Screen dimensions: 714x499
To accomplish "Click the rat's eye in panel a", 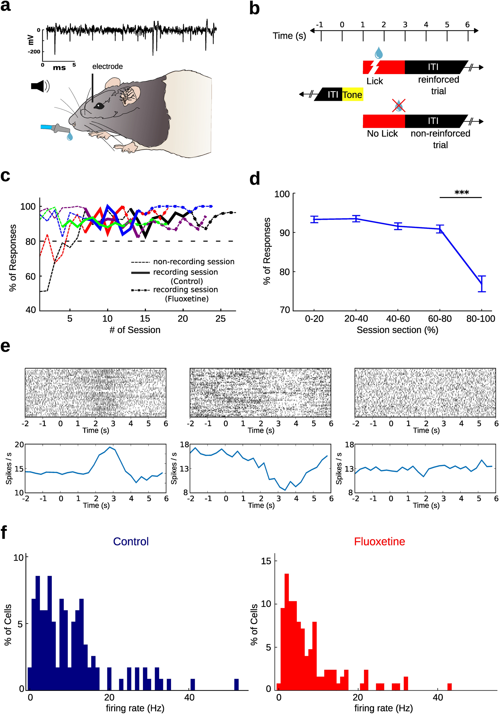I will click(x=98, y=106).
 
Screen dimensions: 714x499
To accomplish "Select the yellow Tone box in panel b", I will click(x=352, y=94).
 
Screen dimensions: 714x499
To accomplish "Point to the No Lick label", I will click(x=382, y=134).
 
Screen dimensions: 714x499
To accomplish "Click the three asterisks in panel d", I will click(x=461, y=193).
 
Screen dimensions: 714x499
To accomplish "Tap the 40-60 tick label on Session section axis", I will click(x=398, y=318).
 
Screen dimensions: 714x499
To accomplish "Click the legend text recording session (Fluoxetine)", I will click(x=186, y=294).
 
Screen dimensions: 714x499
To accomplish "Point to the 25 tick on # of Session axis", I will click(x=220, y=318).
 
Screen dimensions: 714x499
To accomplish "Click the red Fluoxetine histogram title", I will click(x=379, y=541).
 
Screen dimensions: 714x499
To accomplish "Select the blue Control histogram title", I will click(x=131, y=541).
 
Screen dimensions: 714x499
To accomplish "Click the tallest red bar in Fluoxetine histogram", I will click(x=287, y=631).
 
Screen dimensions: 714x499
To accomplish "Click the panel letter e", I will click(x=5, y=346).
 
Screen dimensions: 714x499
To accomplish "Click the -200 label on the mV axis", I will click(x=34, y=52).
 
